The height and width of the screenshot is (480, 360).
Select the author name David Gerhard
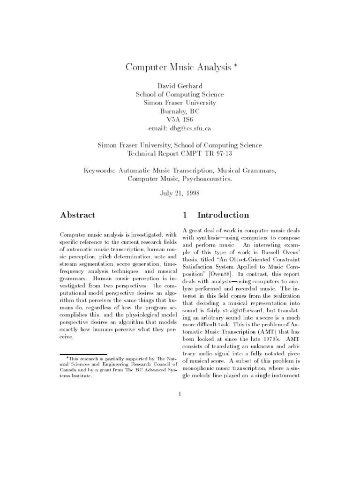(x=180, y=86)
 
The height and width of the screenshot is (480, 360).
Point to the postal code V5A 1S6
(x=180, y=120)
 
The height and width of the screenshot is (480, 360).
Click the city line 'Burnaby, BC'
(x=180, y=111)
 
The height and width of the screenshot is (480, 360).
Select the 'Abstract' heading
(x=78, y=215)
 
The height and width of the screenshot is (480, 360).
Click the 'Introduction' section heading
(x=223, y=215)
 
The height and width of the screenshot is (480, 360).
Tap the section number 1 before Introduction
(x=185, y=215)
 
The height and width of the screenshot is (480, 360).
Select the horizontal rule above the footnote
(x=84, y=354)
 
